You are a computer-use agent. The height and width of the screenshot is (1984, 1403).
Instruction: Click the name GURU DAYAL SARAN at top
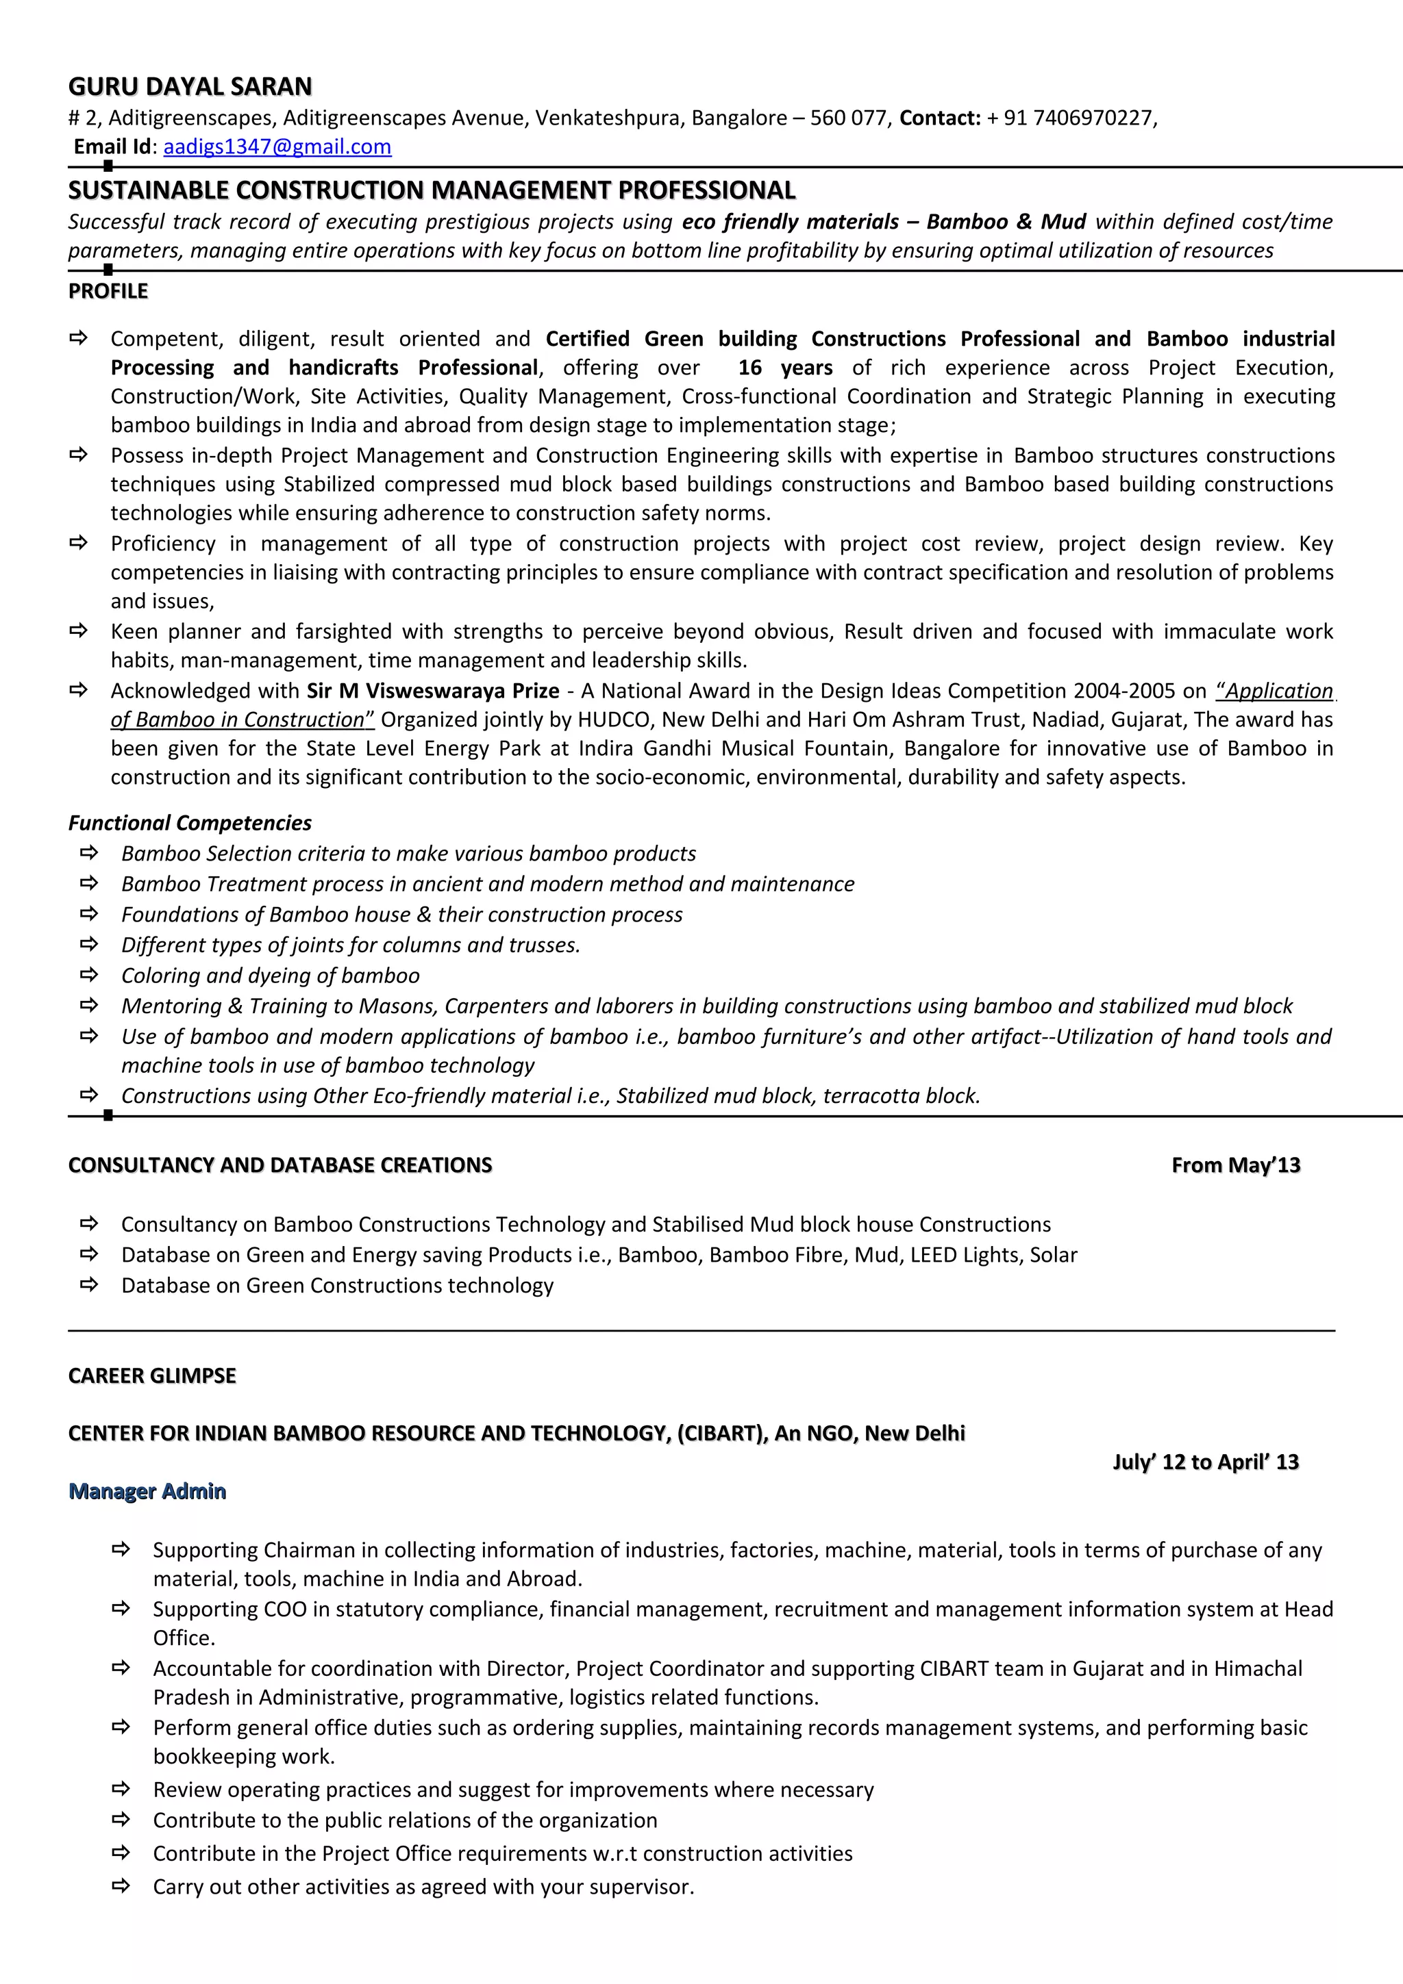[190, 86]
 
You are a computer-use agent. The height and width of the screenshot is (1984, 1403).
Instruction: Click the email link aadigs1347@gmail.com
[277, 147]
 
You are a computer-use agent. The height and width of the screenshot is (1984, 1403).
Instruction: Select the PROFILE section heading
[108, 291]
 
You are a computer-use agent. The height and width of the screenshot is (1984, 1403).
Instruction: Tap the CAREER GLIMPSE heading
[151, 1375]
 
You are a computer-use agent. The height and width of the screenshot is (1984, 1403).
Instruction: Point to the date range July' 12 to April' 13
[1205, 1462]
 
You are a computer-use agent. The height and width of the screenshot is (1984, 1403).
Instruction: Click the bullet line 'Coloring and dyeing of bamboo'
[270, 976]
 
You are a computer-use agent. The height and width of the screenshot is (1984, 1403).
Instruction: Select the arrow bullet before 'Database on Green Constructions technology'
[88, 1285]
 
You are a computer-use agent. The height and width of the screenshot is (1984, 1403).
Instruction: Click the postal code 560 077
[848, 118]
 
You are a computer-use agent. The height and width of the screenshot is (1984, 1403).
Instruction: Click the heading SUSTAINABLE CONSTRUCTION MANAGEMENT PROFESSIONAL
[432, 190]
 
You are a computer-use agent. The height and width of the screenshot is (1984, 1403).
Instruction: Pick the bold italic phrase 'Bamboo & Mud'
[1006, 222]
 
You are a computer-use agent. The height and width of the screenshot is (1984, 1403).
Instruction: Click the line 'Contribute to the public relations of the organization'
[405, 1820]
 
